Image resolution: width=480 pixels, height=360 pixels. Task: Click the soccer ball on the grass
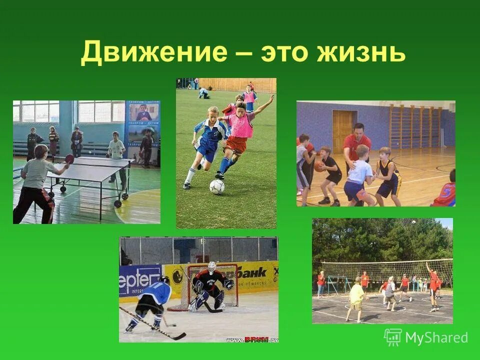217,186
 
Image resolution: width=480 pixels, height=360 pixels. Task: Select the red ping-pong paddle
69,159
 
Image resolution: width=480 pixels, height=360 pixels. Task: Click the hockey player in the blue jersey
152,300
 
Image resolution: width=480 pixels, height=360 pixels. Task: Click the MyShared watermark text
436,337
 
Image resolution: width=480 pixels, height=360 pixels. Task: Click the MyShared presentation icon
393,337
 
